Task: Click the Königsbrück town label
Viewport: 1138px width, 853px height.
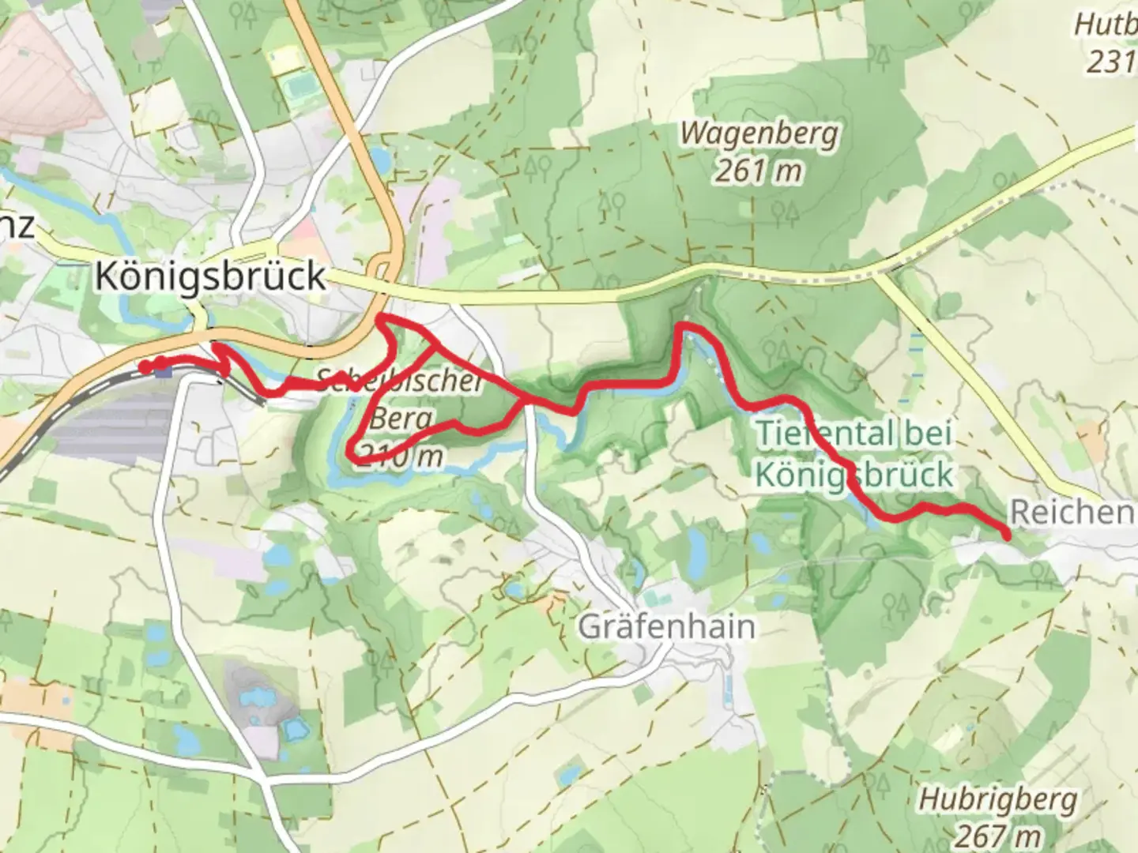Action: pos(210,276)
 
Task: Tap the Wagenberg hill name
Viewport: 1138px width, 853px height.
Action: pos(759,133)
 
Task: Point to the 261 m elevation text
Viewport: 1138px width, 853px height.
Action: pos(759,171)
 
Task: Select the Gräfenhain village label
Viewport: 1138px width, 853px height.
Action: pos(666,626)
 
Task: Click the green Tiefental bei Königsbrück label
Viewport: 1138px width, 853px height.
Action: pos(854,454)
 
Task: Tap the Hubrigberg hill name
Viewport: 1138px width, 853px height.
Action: pos(997,799)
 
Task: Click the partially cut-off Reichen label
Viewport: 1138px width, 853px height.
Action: pos(1072,513)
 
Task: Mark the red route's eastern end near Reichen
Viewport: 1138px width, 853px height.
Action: pos(1006,536)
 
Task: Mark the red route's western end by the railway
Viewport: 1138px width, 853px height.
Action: pos(145,366)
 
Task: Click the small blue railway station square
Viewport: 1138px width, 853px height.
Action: pos(164,371)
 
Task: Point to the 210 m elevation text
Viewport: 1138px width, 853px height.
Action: pos(399,456)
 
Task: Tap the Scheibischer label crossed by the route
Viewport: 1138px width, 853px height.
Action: pos(399,382)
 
